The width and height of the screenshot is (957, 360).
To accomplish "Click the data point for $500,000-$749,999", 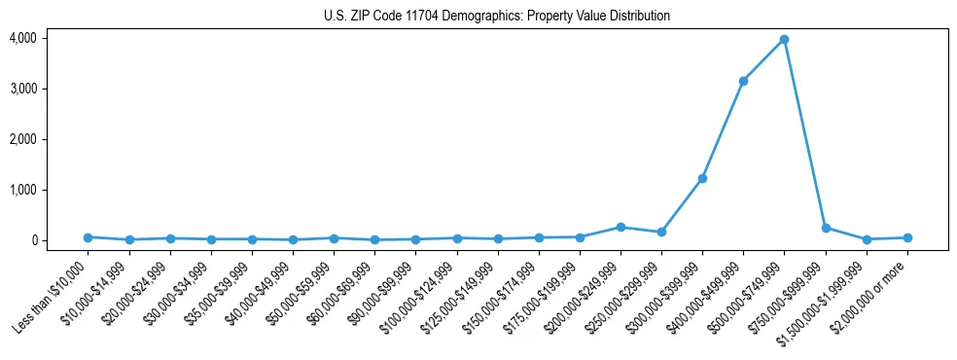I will tap(784, 40).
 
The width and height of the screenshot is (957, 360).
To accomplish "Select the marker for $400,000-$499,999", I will tap(743, 81).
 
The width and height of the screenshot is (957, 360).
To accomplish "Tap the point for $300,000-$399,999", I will tap(702, 179).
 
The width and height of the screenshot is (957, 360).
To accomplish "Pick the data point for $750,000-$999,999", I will tap(826, 228).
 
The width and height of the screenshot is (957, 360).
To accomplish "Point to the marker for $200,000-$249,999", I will tap(620, 227).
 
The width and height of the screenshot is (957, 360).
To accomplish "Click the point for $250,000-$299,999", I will tap(661, 233).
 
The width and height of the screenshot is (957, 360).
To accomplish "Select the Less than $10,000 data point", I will tap(88, 237).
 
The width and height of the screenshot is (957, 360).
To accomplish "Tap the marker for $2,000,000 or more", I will tap(907, 237).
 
